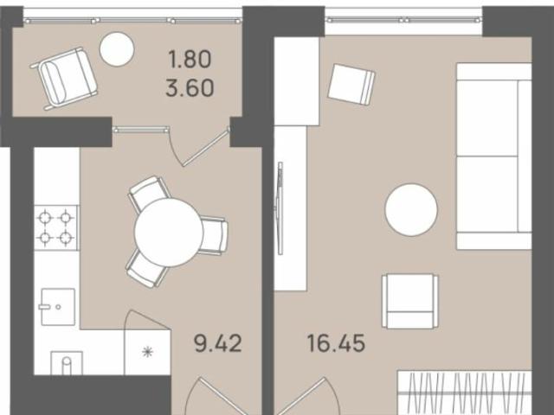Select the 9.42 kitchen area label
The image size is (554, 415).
(x=216, y=342)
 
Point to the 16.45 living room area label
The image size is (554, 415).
(x=335, y=342)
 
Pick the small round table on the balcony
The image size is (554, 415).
(x=116, y=50)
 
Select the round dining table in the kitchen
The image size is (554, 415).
(x=169, y=232)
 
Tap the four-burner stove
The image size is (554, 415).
(x=55, y=227)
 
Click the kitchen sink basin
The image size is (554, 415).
(x=57, y=306)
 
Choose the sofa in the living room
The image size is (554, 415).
(x=493, y=156)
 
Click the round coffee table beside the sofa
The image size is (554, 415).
(x=411, y=209)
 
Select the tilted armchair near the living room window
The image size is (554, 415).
(x=351, y=84)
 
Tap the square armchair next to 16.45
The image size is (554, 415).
(x=409, y=300)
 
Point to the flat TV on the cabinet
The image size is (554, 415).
(x=279, y=207)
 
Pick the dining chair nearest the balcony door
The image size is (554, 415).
(x=148, y=193)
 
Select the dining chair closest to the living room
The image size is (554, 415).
(x=213, y=235)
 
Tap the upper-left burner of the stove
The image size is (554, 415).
(x=45, y=217)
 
